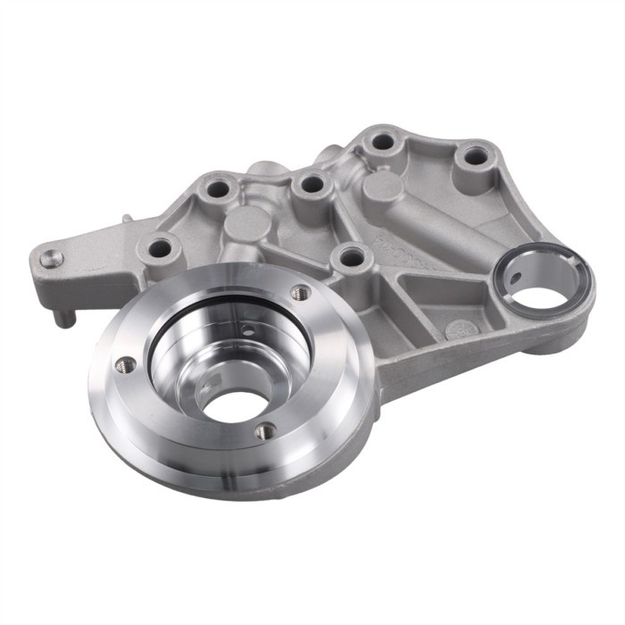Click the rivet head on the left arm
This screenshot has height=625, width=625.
pos(50,258)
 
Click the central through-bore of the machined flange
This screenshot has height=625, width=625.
pos(234,404)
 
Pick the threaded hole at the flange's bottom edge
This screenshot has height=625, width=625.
pos(264,431)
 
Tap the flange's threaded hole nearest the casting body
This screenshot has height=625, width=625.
pos(301,292)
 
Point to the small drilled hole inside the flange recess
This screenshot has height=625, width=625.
pos(246,331)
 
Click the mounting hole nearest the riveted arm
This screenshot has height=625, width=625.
pos(160,248)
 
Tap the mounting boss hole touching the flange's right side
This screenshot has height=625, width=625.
pos(353,259)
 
